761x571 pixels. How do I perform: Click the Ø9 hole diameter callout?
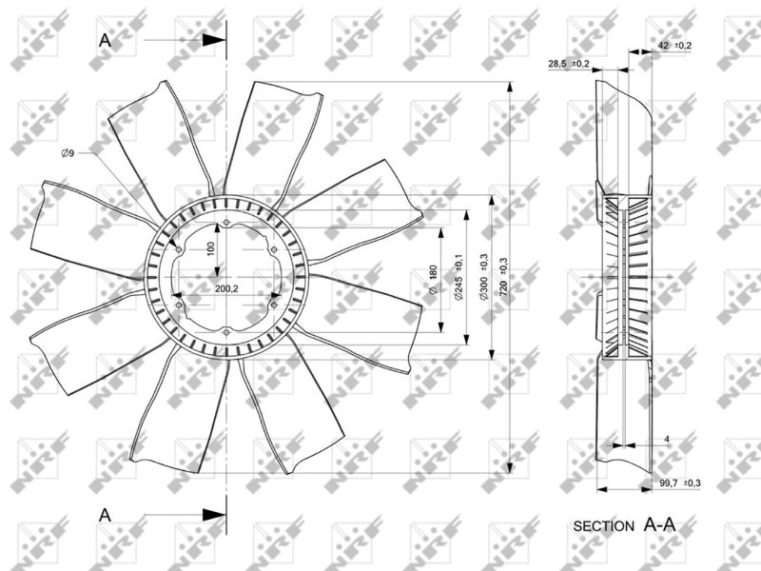(68, 153)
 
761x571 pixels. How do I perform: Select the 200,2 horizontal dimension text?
(226, 288)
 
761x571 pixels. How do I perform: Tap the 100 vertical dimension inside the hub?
(210, 248)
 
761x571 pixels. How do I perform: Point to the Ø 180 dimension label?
(434, 279)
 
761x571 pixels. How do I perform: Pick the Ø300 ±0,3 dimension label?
(484, 276)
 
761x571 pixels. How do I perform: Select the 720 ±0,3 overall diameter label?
(503, 277)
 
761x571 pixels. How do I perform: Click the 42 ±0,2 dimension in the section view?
(674, 46)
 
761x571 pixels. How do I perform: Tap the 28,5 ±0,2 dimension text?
(569, 64)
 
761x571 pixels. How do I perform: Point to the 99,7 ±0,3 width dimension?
(680, 482)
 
